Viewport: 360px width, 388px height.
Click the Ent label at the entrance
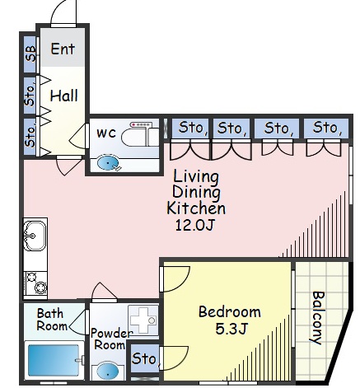click(x=63, y=49)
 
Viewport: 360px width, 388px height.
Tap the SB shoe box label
click(x=30, y=53)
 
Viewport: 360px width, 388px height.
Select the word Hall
click(x=63, y=96)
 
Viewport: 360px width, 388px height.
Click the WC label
click(x=106, y=133)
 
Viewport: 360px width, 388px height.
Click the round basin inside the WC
click(x=108, y=162)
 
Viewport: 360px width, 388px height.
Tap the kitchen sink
click(x=35, y=236)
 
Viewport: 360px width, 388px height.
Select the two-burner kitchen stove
click(x=35, y=283)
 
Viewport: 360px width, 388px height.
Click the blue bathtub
click(x=54, y=360)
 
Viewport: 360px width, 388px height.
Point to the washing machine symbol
click(x=143, y=320)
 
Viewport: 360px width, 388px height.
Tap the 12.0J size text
click(x=194, y=225)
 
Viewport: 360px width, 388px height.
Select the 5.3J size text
click(x=231, y=329)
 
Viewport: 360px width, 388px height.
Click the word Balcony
click(x=319, y=317)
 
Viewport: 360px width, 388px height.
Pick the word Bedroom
click(x=230, y=311)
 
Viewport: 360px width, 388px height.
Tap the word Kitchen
click(x=196, y=208)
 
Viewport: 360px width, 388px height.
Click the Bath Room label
click(x=52, y=320)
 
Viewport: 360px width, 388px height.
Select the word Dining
click(x=196, y=193)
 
